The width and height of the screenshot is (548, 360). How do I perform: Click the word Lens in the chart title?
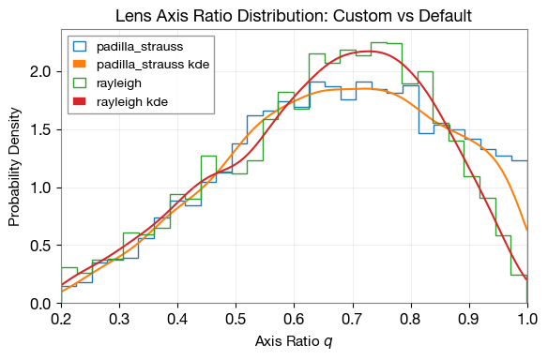pyautogui.click(x=133, y=16)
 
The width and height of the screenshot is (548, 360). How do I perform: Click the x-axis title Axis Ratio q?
pyautogui.click(x=294, y=341)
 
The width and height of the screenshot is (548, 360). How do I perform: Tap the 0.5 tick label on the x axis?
pyautogui.click(x=236, y=321)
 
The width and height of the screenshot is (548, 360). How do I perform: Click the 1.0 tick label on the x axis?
pyautogui.click(x=526, y=321)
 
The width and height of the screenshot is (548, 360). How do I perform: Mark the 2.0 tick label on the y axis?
pyautogui.click(x=40, y=71)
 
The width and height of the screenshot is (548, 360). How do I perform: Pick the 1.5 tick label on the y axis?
pyautogui.click(x=40, y=129)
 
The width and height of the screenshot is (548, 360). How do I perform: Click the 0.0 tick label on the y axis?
pyautogui.click(x=40, y=304)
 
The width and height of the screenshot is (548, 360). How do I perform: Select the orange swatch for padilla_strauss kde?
pyautogui.click(x=80, y=65)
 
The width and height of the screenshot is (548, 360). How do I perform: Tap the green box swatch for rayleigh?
pyautogui.click(x=80, y=82)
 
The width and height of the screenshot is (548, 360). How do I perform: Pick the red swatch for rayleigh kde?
pyautogui.click(x=80, y=100)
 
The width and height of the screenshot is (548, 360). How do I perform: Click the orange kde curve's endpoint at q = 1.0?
pyautogui.click(x=526, y=230)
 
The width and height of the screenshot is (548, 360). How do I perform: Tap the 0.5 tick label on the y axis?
pyautogui.click(x=40, y=246)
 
